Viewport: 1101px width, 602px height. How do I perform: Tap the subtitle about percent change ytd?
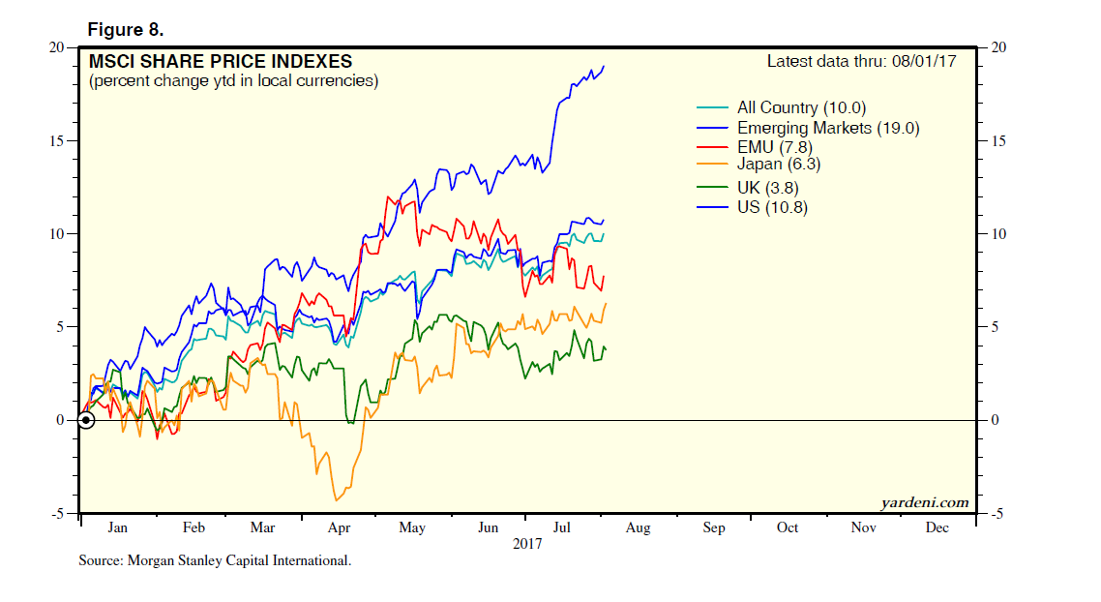point(233,81)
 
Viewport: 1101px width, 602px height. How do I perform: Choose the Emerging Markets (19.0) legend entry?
point(827,128)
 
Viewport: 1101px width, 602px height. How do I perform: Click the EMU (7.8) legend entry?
point(775,146)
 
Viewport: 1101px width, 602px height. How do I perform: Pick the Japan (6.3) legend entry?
point(778,165)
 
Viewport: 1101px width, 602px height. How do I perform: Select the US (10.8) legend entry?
point(771,207)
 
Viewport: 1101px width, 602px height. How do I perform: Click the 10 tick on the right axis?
point(996,234)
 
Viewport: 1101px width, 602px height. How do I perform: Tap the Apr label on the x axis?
point(339,527)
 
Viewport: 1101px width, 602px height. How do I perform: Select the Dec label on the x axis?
point(937,527)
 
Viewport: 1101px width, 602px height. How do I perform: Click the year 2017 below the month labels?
point(527,544)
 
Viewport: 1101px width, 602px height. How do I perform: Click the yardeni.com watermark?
point(924,502)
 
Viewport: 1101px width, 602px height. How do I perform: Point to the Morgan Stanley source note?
point(215,560)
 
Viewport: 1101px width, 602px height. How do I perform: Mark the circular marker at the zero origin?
point(86,420)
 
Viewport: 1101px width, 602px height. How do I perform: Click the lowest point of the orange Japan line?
point(336,500)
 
